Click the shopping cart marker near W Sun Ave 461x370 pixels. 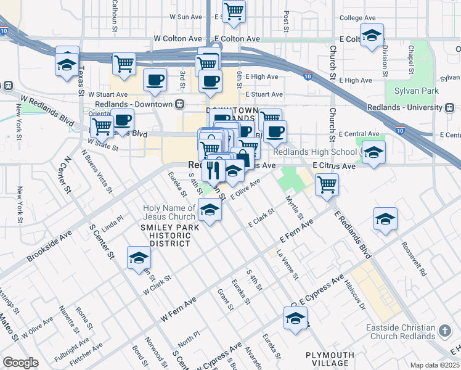click(x=234, y=12)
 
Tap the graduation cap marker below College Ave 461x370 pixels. click(x=372, y=36)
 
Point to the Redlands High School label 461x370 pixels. click(x=314, y=152)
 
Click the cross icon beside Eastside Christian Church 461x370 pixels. click(x=444, y=332)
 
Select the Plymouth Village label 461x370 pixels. click(x=330, y=360)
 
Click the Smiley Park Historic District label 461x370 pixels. click(x=166, y=236)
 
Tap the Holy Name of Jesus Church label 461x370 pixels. click(x=169, y=212)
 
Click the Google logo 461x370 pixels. click(x=20, y=363)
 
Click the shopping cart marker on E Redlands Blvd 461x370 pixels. click(x=327, y=183)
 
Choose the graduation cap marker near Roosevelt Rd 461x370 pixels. click(x=385, y=219)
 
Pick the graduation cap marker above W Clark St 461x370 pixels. click(x=139, y=258)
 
